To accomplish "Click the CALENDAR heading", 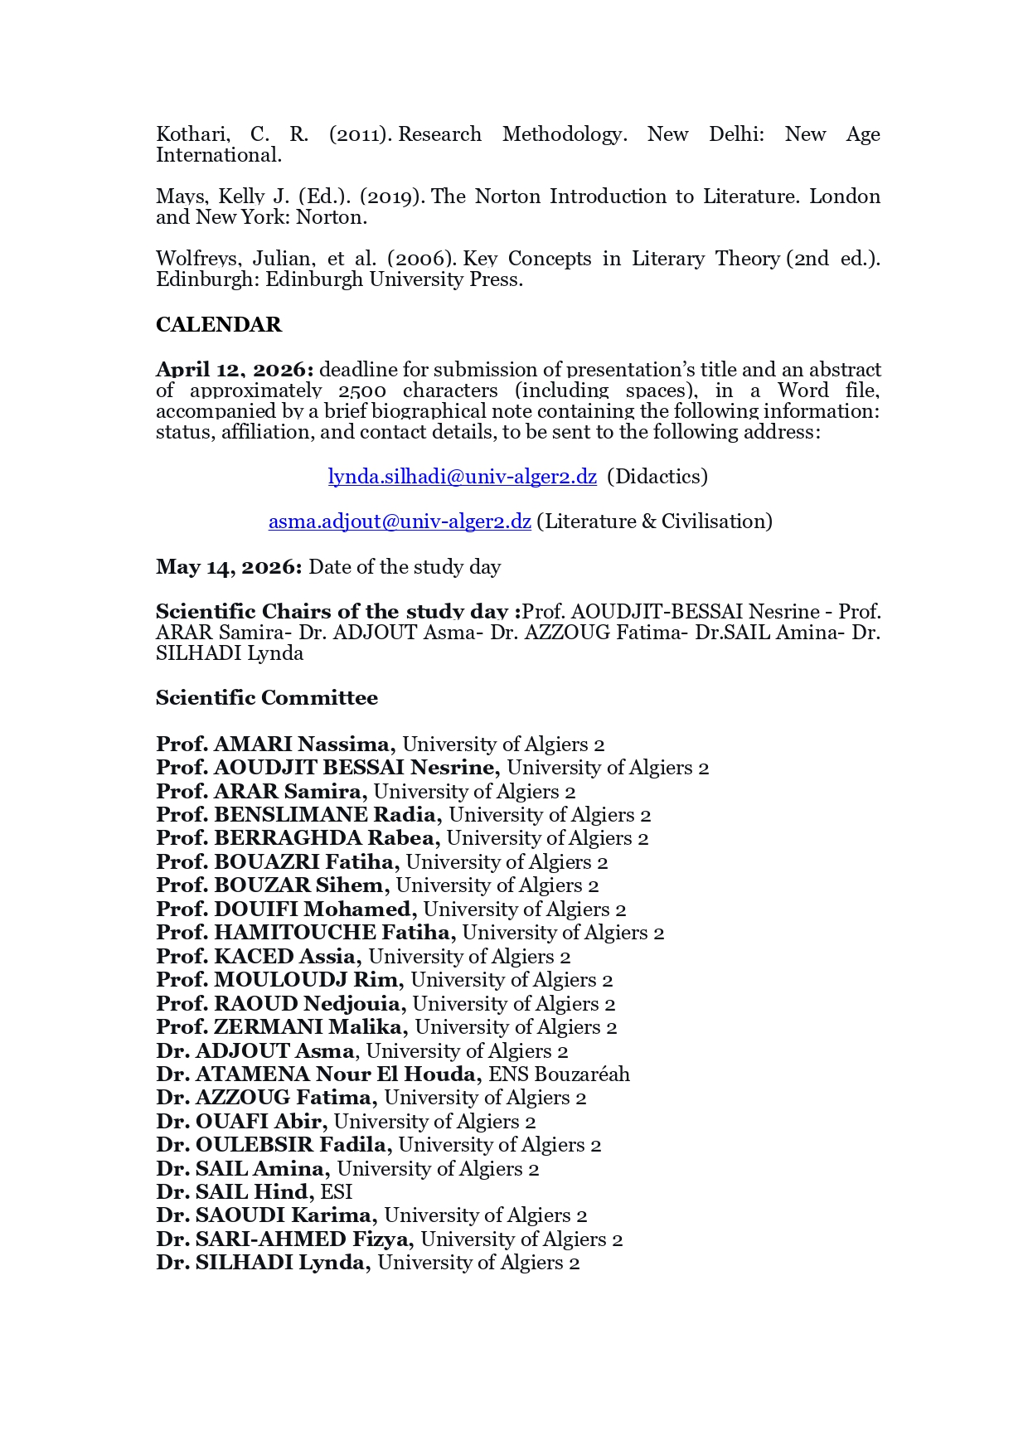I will (x=219, y=324).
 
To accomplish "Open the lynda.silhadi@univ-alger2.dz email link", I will (x=462, y=477).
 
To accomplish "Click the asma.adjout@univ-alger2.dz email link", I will (x=400, y=521).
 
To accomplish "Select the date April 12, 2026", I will (x=235, y=370).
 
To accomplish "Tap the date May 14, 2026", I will (x=229, y=567).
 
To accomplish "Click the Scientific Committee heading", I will (x=266, y=698).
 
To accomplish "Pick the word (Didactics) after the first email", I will (x=657, y=477).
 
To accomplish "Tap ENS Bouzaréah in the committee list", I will (x=559, y=1074).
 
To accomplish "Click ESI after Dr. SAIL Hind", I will (x=337, y=1192).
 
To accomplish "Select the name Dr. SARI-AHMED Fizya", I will (x=284, y=1239).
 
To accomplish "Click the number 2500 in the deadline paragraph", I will (x=361, y=390).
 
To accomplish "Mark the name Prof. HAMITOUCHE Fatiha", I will (x=306, y=933).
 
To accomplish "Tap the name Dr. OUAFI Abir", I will (x=241, y=1122).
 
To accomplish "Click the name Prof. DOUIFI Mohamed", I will (x=286, y=909).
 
